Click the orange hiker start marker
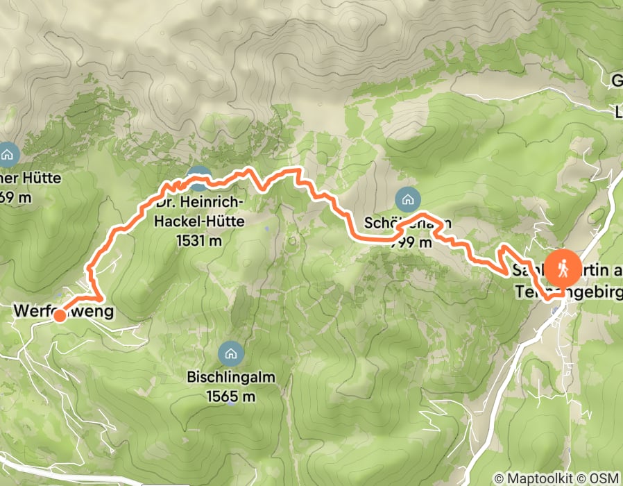pos(563,268)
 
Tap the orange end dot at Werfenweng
pos(60,317)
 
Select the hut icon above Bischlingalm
pos(230,353)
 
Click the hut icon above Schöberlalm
pos(407,200)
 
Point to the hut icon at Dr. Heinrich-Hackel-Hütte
pos(200,178)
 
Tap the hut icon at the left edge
pos(8,153)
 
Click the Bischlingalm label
pos(231,379)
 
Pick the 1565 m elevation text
pos(231,396)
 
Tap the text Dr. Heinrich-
pos(198,203)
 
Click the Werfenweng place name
pos(63,312)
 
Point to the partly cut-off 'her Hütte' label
pos(31,178)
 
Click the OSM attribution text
pos(605,478)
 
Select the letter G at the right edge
pos(616,81)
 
